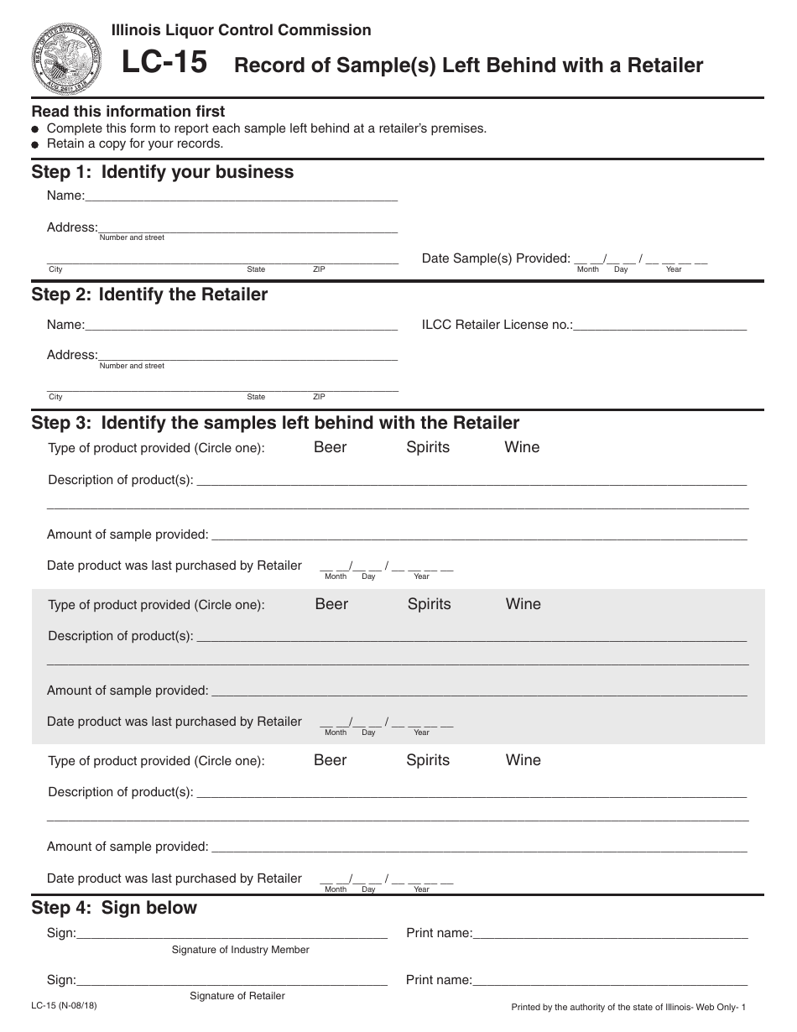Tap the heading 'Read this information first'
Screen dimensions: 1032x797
click(128, 112)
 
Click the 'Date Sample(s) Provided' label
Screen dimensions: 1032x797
click(496, 258)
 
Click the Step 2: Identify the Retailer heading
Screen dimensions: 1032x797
click(149, 294)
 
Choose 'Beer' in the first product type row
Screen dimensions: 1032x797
click(330, 447)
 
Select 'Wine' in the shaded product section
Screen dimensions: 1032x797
click(523, 604)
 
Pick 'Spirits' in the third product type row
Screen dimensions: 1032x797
click(428, 760)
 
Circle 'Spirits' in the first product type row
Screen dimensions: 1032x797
click(428, 447)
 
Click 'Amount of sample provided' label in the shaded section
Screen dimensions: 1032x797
click(128, 691)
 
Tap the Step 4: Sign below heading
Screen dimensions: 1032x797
click(114, 908)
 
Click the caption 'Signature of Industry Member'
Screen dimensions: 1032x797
click(240, 950)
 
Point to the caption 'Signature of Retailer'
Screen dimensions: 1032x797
click(237, 996)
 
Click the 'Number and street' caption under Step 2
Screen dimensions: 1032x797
click(132, 366)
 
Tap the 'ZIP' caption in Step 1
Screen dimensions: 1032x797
click(319, 269)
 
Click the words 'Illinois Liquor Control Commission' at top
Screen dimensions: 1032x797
click(242, 30)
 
